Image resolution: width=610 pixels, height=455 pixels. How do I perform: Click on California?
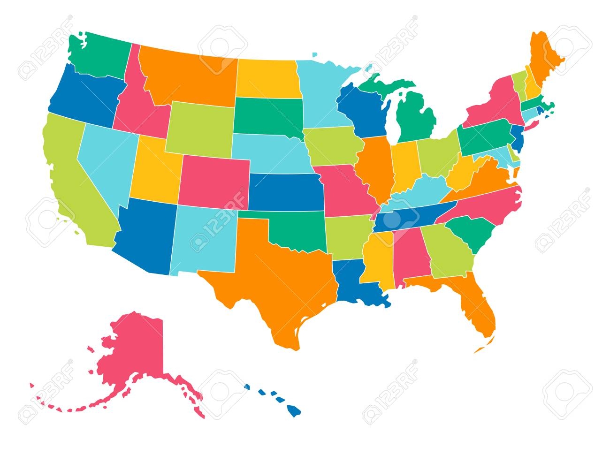pyautogui.click(x=70, y=178)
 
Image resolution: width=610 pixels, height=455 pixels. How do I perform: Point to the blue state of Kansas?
pyautogui.click(x=284, y=192)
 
